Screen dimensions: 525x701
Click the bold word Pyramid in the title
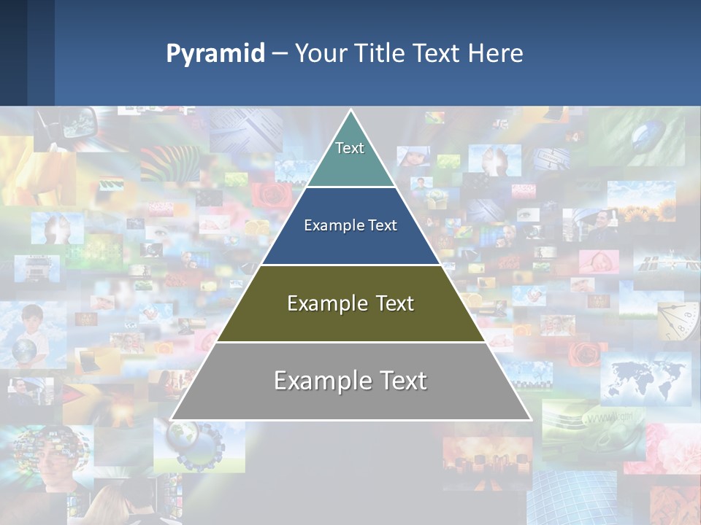(x=215, y=54)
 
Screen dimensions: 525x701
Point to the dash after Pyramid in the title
(x=280, y=54)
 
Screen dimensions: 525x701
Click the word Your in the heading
(x=321, y=54)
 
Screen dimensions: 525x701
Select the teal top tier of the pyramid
(x=350, y=157)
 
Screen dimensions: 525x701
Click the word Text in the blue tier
(x=383, y=225)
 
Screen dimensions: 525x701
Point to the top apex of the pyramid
(x=350, y=112)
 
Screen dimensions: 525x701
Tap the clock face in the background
(x=675, y=321)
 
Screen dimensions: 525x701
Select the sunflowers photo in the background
(x=646, y=211)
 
